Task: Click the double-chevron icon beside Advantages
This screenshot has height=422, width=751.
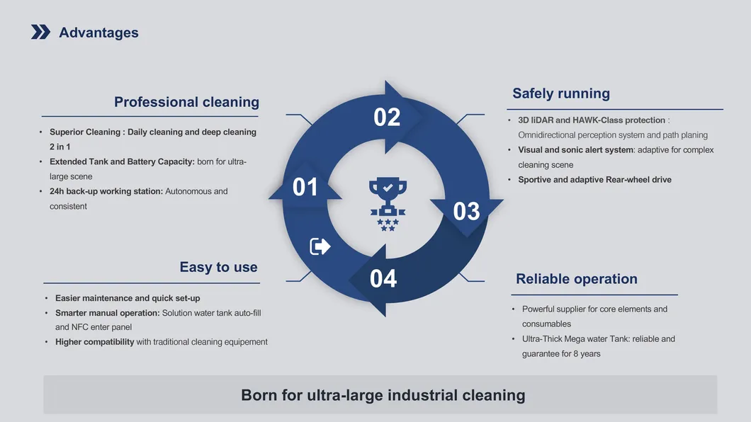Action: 40,32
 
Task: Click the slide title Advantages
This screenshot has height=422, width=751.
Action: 98,33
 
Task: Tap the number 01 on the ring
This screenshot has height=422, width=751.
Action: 305,187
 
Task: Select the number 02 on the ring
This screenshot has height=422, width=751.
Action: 387,117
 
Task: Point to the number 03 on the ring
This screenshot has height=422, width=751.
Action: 466,211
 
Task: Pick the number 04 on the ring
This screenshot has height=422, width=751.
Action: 383,278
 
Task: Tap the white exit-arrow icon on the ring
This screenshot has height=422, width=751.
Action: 320,246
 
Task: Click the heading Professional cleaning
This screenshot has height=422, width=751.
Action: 186,102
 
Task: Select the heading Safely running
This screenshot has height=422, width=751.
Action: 560,93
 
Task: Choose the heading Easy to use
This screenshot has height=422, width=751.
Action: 218,267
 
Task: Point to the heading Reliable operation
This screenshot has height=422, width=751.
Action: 576,279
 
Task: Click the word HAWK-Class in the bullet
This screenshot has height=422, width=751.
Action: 599,120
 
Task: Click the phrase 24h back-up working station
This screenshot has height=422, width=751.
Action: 106,191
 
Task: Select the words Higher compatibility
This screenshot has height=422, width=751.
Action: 94,342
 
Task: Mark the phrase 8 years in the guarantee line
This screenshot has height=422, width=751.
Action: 586,353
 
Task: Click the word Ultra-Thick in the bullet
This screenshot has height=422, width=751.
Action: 543,338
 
